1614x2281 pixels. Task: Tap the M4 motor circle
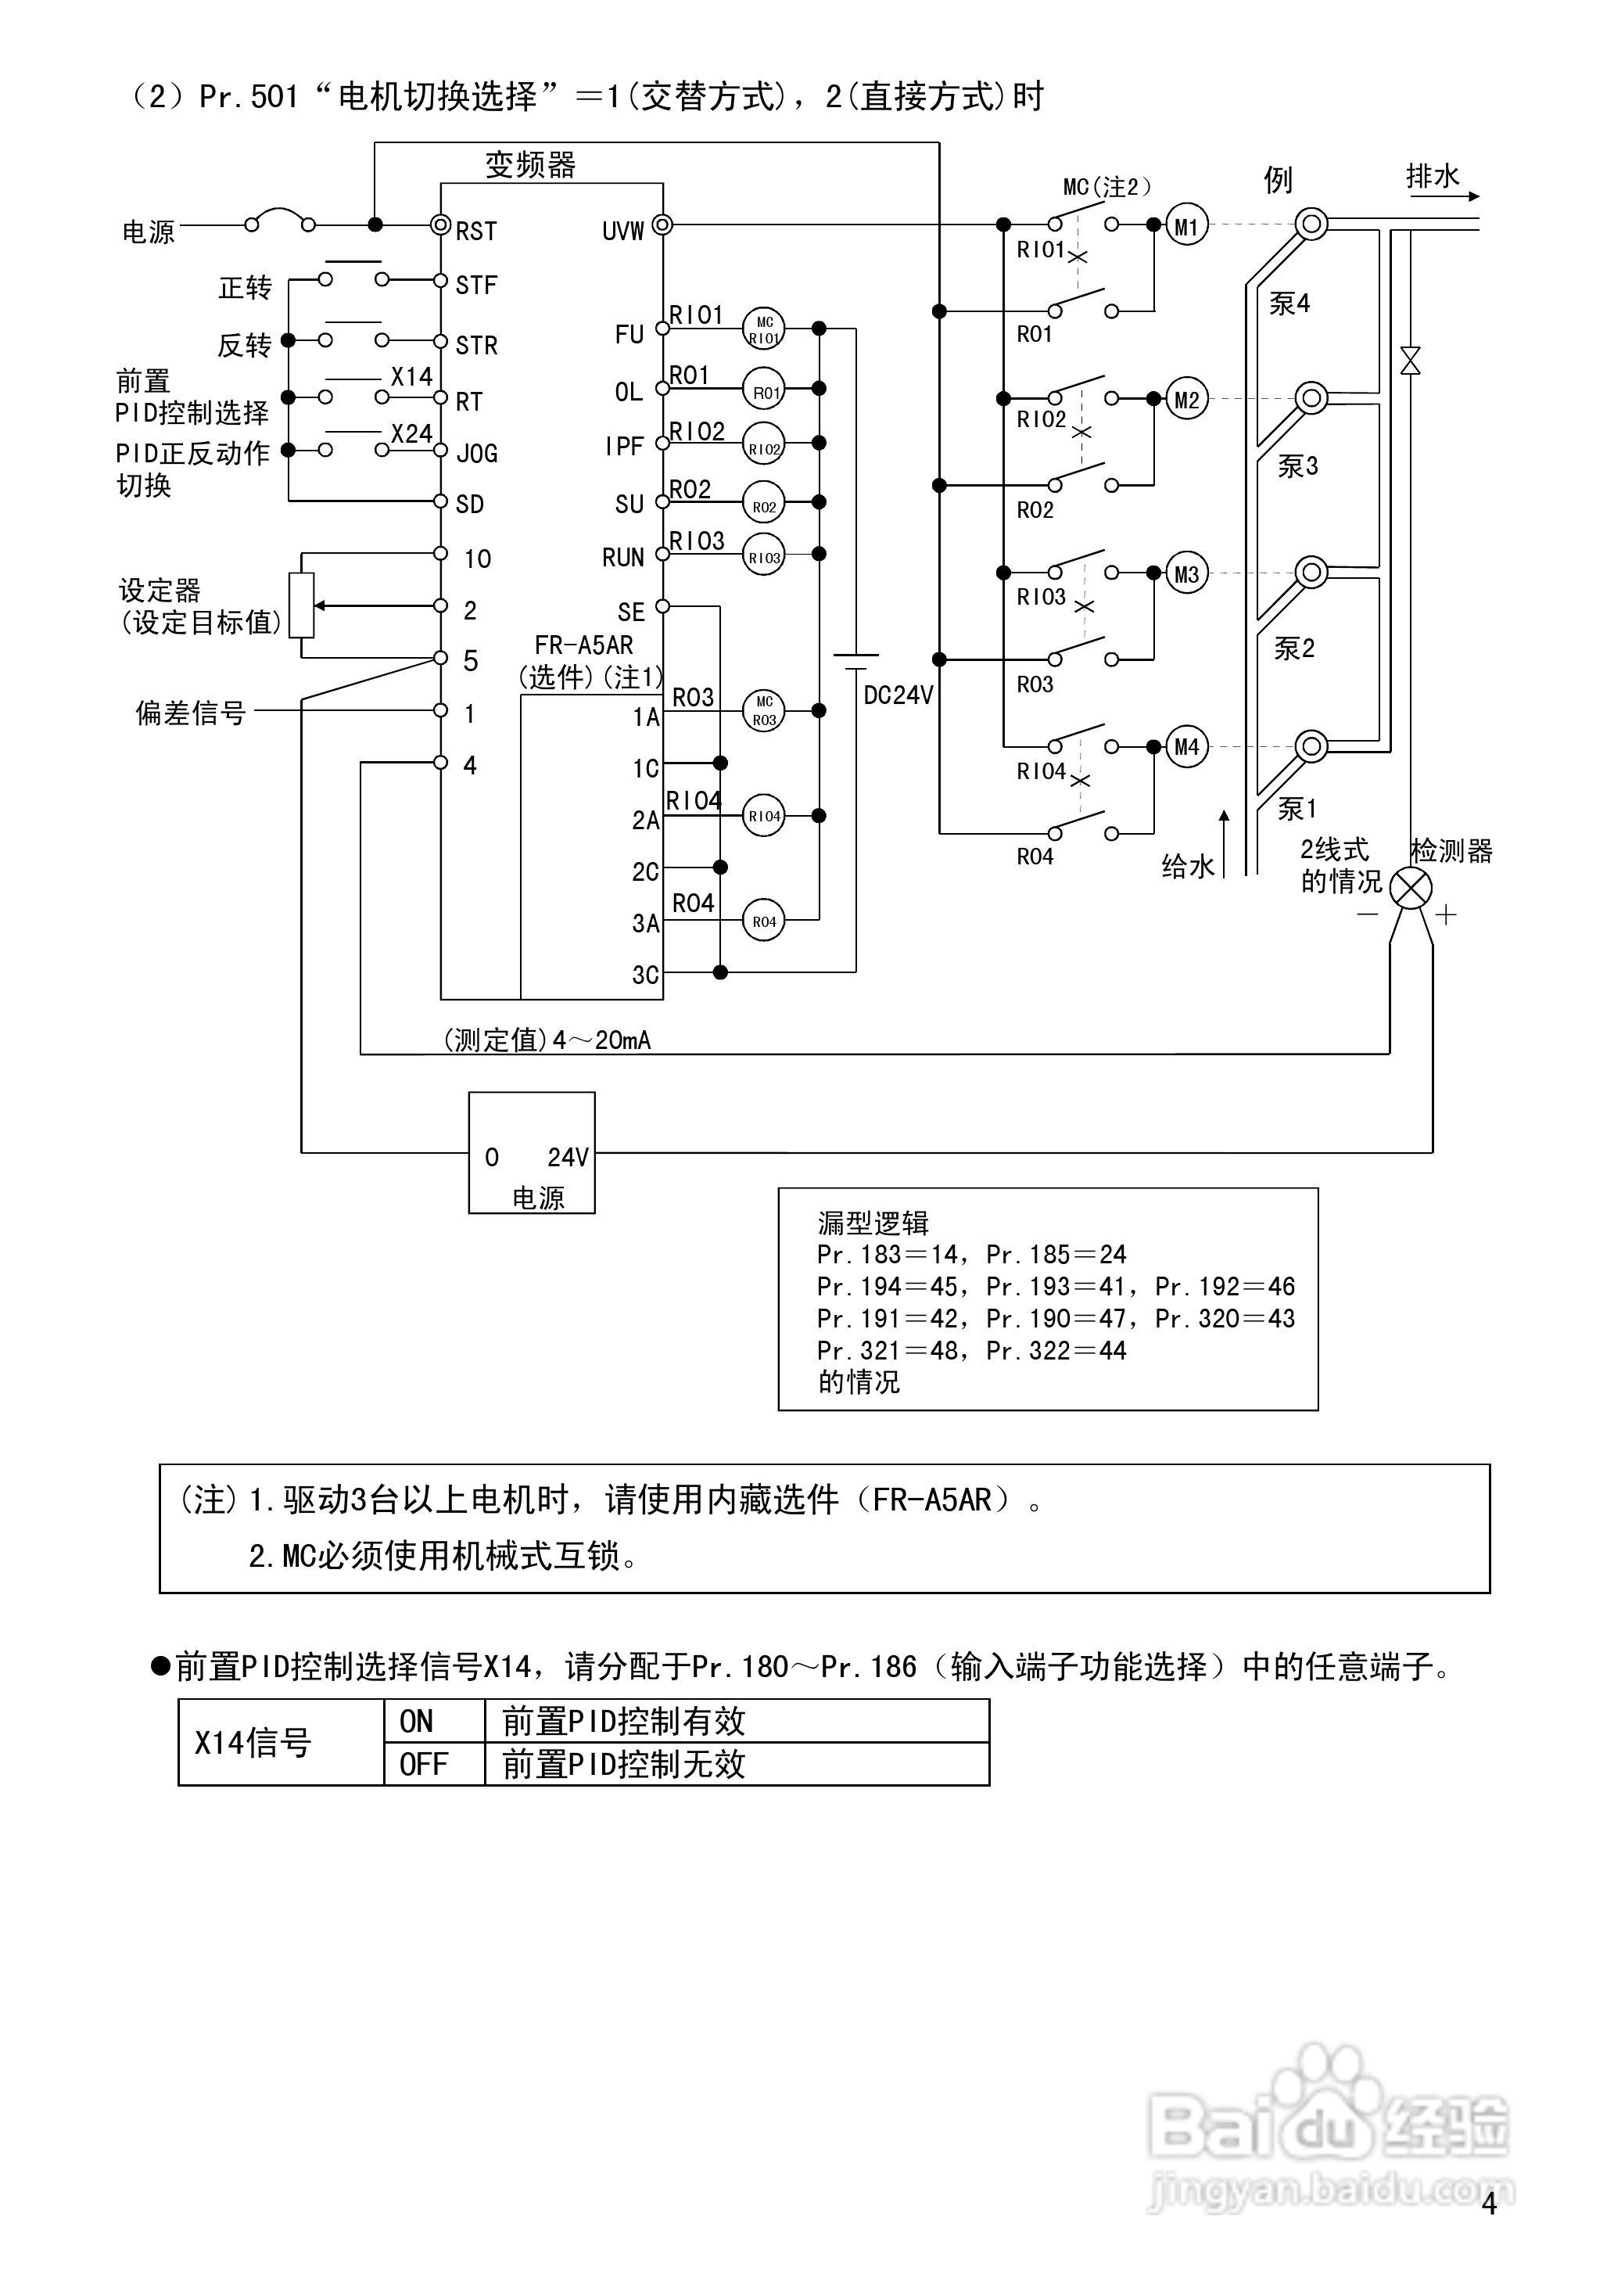click(x=1186, y=746)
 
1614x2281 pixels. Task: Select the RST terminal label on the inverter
click(x=476, y=232)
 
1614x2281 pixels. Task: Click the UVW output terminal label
click(x=623, y=232)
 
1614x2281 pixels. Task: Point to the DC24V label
click(x=898, y=695)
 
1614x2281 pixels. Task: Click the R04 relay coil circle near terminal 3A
click(x=763, y=921)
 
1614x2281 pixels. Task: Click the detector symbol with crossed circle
click(x=1410, y=886)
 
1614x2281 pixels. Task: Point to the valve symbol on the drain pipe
click(x=1409, y=361)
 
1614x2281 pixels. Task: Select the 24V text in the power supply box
click(x=568, y=1157)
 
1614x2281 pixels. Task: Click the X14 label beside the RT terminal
click(x=411, y=377)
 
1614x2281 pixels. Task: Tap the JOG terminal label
click(x=476, y=454)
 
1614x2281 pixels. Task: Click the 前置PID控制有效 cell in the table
click(x=624, y=1720)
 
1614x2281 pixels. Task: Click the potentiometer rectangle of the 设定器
click(x=301, y=605)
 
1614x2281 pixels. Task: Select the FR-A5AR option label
click(x=583, y=645)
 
